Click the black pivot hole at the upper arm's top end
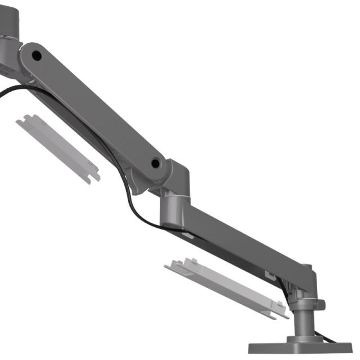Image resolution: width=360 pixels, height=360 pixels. pyautogui.click(x=37, y=55)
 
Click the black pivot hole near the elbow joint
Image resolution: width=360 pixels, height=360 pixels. pyautogui.click(x=156, y=164)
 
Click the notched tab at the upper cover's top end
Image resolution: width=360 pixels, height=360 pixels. pyautogui.click(x=28, y=120)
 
